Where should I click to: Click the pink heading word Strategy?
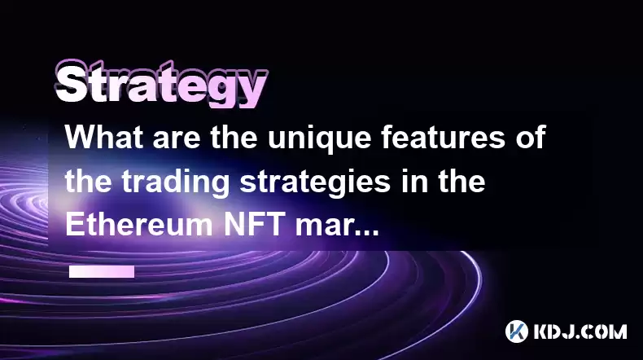pos(162,85)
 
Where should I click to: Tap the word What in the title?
pos(105,137)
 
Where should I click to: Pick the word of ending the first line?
pos(530,137)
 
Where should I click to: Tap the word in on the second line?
pos(412,181)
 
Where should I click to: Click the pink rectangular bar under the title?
pos(102,271)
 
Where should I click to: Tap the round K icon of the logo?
pos(516,331)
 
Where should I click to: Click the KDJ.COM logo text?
pos(580,331)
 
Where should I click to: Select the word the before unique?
pos(234,137)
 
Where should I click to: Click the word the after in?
pos(461,181)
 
